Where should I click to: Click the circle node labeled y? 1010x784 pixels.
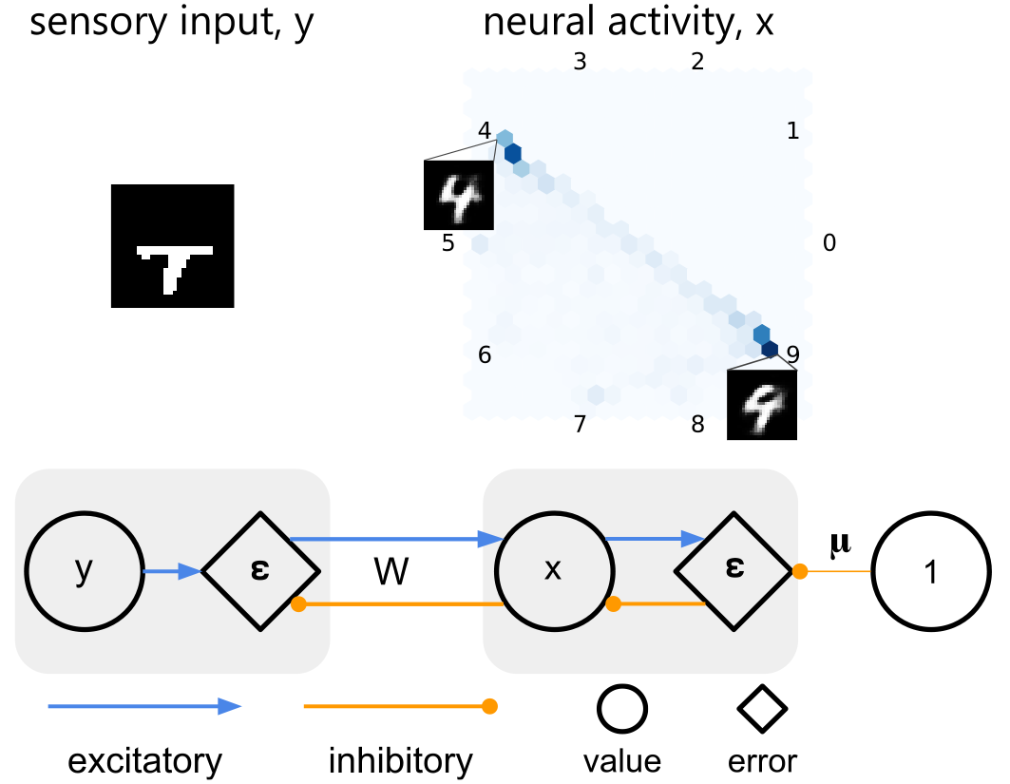[84, 571]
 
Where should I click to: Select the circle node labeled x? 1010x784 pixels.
[552, 571]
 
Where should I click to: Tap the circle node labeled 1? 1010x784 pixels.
[930, 571]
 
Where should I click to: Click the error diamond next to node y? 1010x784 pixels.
[259, 571]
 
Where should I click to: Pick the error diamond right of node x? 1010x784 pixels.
[734, 571]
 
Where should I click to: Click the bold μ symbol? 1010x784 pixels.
[840, 543]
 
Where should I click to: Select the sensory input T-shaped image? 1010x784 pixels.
[172, 246]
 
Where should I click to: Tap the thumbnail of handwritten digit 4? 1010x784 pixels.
[458, 195]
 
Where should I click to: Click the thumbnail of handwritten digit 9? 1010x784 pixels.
[761, 405]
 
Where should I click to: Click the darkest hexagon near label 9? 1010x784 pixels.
[770, 350]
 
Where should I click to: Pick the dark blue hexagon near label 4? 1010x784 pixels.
[512, 153]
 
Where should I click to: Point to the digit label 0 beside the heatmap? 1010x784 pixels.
[829, 243]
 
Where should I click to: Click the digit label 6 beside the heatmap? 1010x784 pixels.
[485, 355]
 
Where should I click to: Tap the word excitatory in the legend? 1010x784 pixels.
[144, 760]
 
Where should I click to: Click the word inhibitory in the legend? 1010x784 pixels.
[400, 760]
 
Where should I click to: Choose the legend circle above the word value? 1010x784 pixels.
[622, 710]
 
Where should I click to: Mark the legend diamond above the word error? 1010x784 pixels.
[763, 710]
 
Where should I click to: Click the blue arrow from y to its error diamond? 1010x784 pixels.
[171, 571]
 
